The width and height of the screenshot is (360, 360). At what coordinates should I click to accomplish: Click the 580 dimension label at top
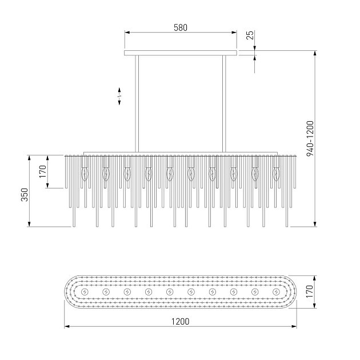[x=181, y=27]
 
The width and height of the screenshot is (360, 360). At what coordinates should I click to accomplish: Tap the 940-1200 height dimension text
[x=310, y=139]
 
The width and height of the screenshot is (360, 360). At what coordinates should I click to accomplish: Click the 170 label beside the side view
[x=43, y=171]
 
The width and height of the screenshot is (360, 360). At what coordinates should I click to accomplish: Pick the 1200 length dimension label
[x=180, y=322]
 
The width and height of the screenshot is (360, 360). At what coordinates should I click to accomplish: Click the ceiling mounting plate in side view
[x=181, y=53]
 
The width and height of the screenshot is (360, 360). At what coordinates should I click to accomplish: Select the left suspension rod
[x=136, y=103]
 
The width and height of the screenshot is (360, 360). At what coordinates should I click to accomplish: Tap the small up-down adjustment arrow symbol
[x=119, y=96]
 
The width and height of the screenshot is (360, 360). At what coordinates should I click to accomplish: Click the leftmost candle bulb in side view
[x=85, y=173]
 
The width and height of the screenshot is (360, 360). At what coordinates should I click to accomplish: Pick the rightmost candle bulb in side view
[x=277, y=173]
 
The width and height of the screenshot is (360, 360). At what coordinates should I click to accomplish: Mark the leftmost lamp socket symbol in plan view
[x=85, y=292]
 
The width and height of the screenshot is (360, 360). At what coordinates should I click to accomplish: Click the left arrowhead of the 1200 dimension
[x=66, y=327]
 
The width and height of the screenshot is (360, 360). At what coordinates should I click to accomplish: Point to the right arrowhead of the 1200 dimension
[x=294, y=327]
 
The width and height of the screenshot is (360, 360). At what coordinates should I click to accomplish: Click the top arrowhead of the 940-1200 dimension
[x=315, y=53]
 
